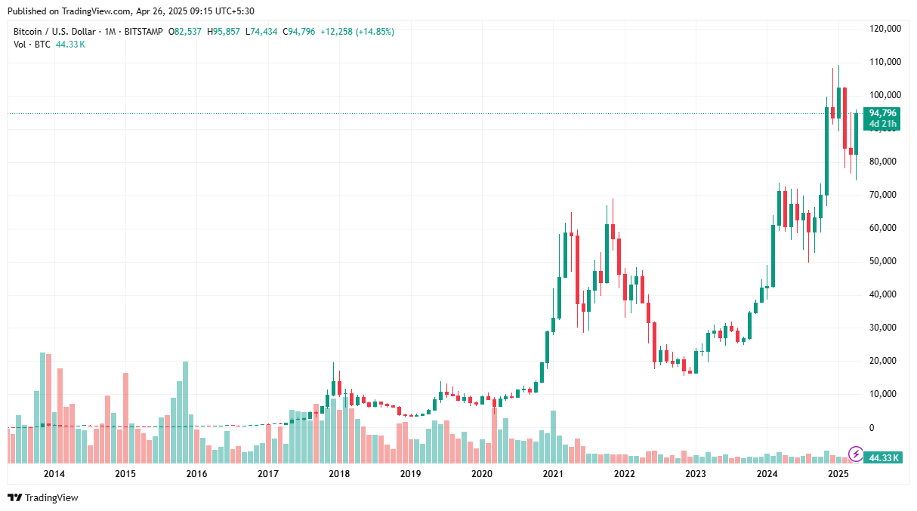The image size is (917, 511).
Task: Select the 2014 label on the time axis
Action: point(54,474)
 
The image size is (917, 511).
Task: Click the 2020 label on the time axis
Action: point(481,474)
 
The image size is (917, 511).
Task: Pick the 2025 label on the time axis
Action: point(838,474)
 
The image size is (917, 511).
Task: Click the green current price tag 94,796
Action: point(881,113)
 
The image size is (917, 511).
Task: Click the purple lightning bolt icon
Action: point(855,454)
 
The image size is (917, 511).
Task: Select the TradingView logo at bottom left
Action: point(43,497)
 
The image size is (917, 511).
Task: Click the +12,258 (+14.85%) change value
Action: point(357,32)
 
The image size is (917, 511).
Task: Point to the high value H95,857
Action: point(230,32)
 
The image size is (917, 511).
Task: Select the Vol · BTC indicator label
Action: point(32,45)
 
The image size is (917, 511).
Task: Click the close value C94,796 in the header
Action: point(298,32)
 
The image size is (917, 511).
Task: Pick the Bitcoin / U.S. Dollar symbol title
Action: point(54,32)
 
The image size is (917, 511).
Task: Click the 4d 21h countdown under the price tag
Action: point(882,124)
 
